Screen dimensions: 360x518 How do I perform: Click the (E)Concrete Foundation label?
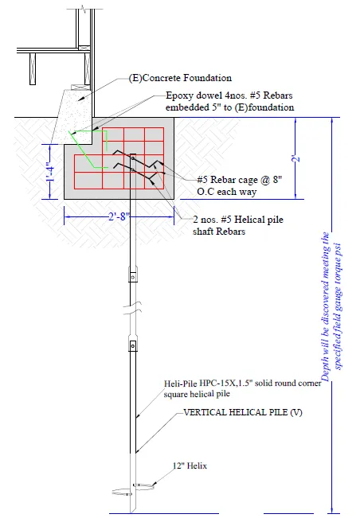(x=180, y=78)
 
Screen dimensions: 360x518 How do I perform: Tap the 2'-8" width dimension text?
(x=119, y=217)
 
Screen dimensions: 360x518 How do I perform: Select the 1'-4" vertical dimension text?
(x=49, y=172)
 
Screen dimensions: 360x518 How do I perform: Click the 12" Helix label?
(x=190, y=465)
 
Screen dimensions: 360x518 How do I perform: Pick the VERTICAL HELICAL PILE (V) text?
(x=243, y=412)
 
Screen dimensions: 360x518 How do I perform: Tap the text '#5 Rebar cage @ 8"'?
(x=240, y=180)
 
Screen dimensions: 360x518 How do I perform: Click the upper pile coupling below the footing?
(x=132, y=275)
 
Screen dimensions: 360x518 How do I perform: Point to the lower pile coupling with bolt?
(x=132, y=345)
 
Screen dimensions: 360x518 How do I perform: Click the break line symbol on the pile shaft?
(x=132, y=307)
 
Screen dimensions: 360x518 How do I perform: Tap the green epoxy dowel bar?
(x=88, y=150)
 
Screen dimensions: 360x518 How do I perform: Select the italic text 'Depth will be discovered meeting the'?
(x=325, y=306)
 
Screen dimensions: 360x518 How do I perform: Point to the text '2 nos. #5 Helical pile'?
(x=238, y=220)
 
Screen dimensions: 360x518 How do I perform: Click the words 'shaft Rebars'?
(x=219, y=232)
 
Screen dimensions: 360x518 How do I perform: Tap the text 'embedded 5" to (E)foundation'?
(x=229, y=107)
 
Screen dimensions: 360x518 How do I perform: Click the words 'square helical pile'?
(x=197, y=395)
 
